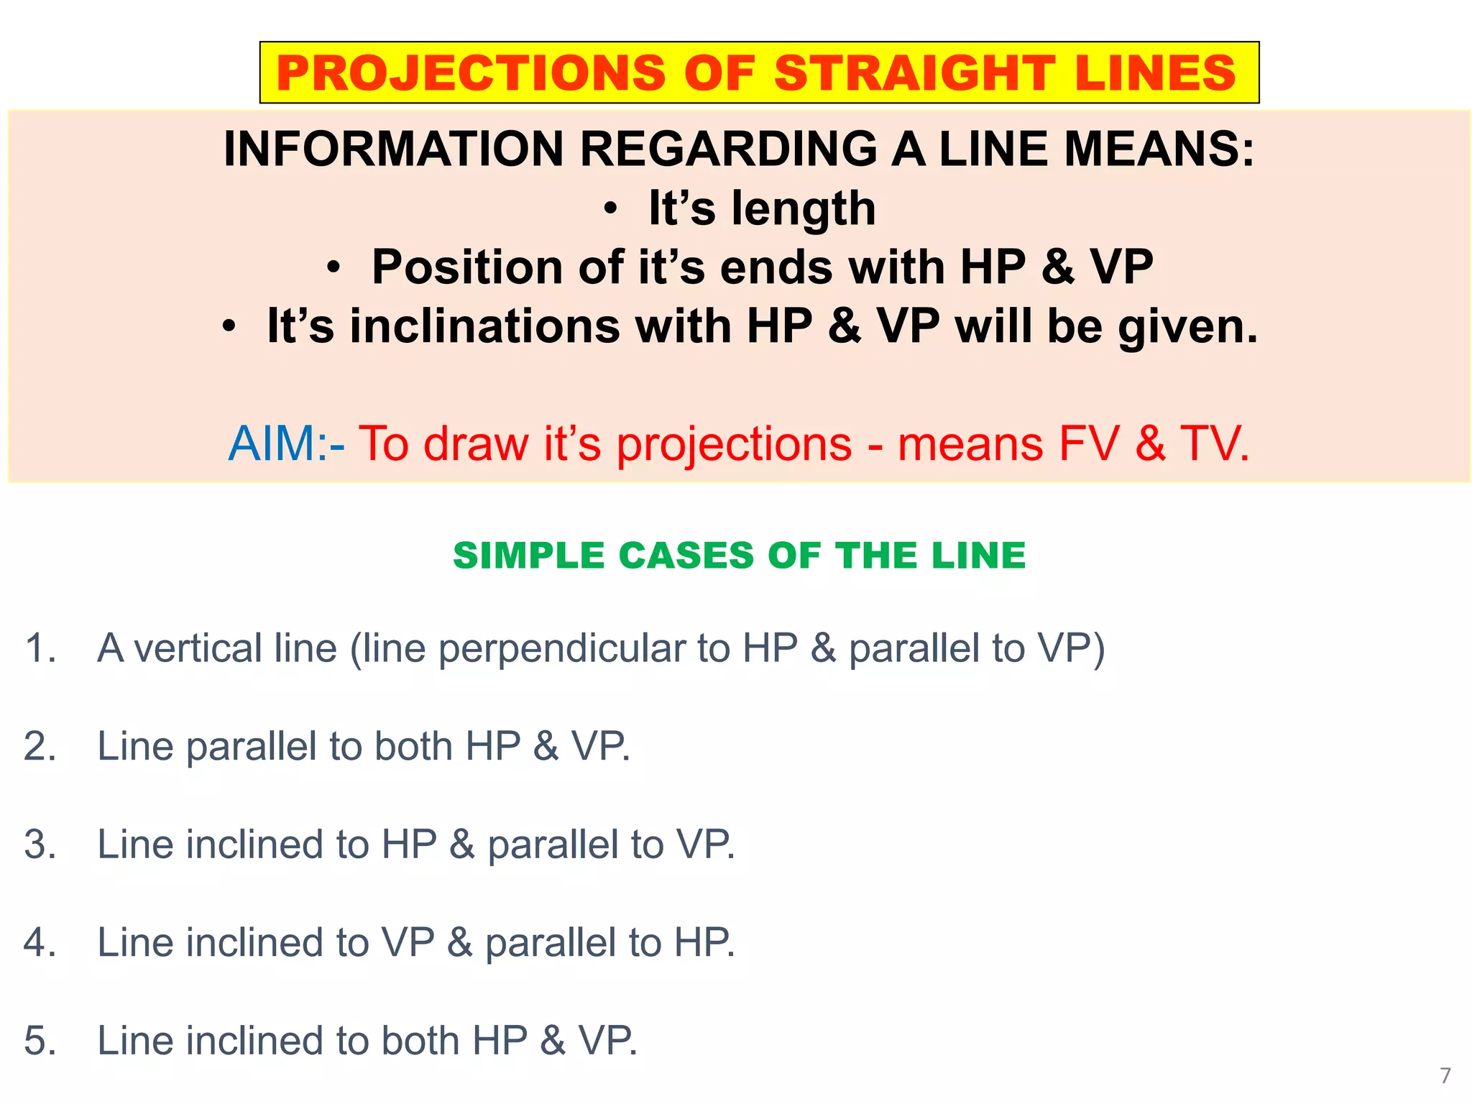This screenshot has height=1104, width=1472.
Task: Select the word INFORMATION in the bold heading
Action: click(393, 149)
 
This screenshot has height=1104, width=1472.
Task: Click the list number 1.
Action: click(40, 648)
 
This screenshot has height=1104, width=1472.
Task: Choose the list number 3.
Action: click(40, 845)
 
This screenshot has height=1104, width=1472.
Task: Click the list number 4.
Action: click(40, 943)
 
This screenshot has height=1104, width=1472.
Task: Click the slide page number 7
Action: click(1445, 1075)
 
